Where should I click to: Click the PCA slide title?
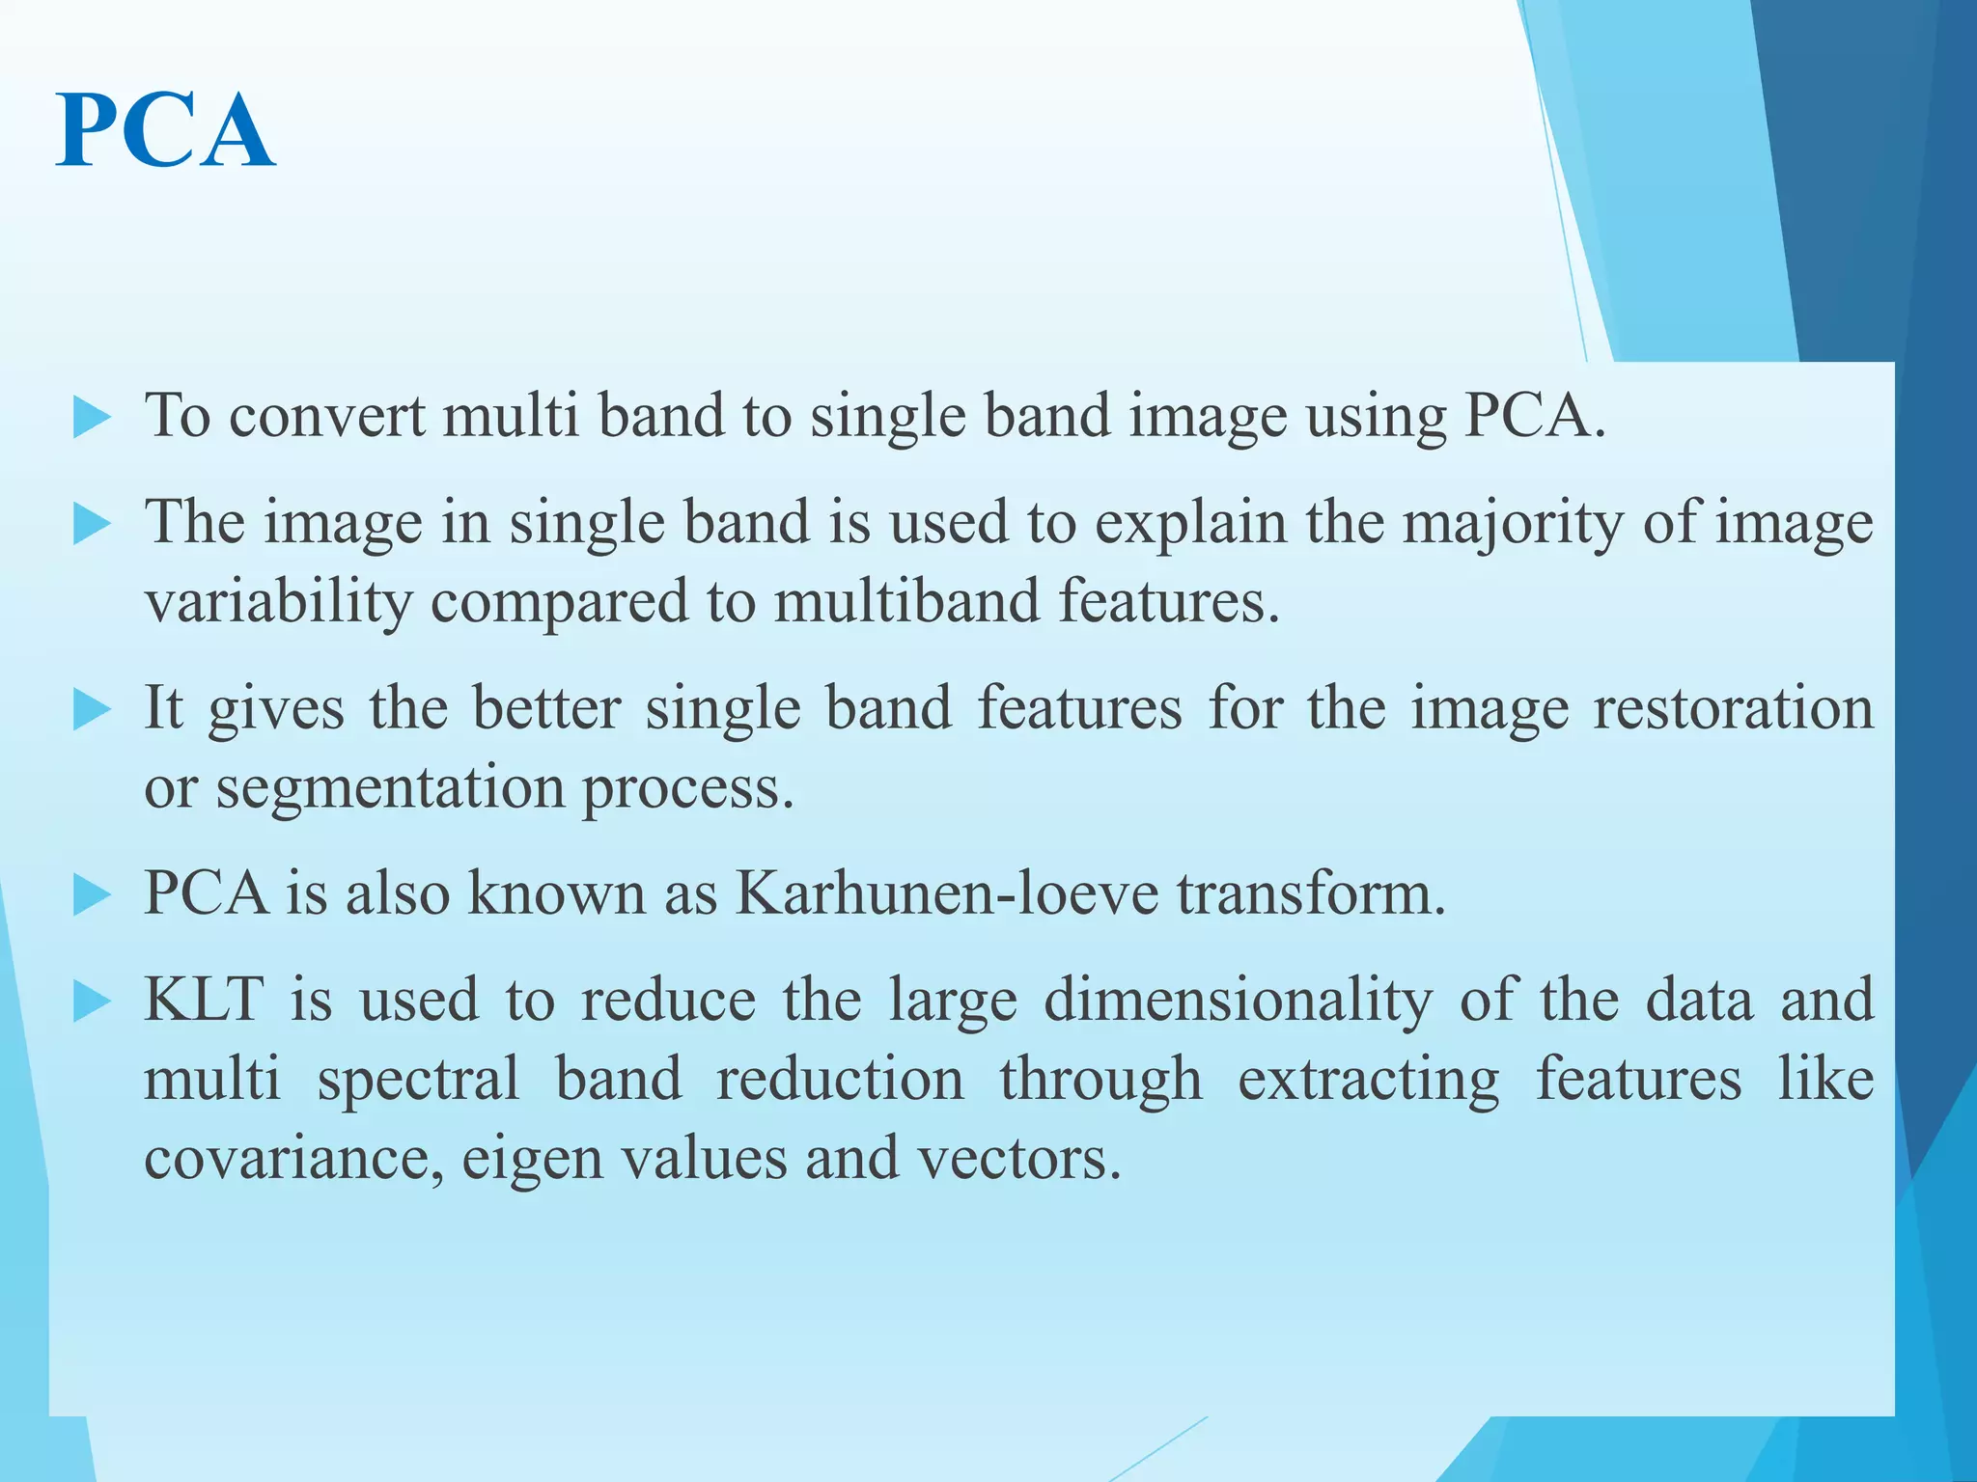166,131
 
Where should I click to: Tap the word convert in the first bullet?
327,417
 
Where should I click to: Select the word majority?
1513,525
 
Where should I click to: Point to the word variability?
278,602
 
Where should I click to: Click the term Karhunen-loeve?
946,892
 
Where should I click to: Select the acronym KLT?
204,1000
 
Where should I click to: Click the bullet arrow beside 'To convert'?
92,418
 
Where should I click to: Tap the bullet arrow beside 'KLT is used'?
92,1002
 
